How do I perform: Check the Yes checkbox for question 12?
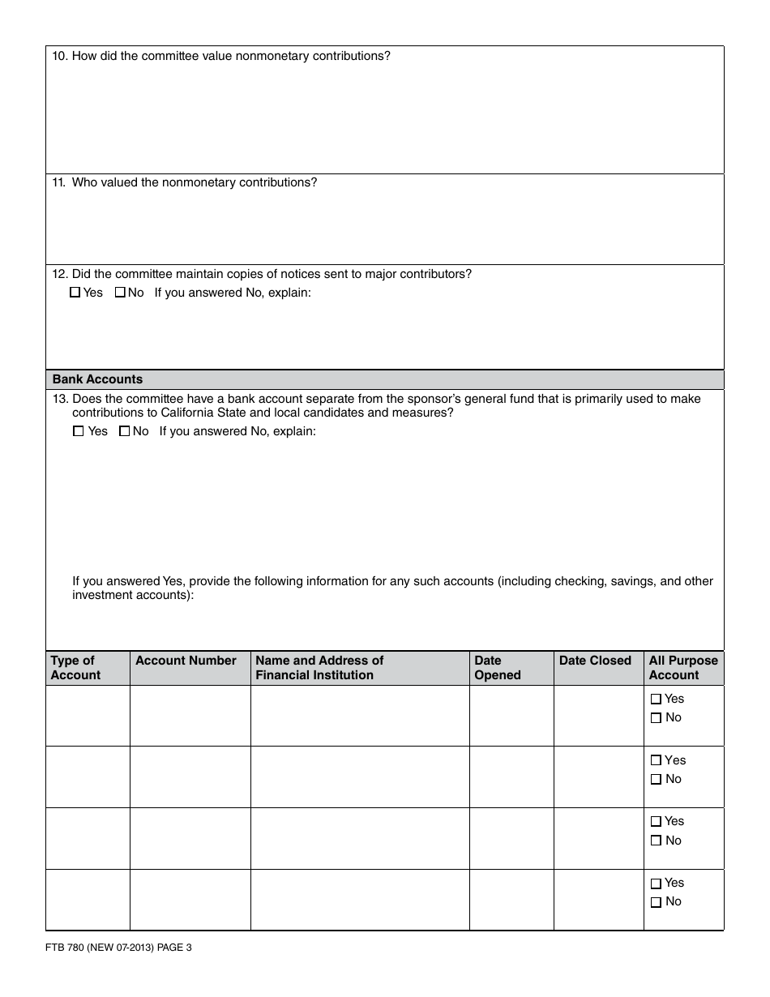coord(75,293)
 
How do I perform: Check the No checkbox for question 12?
coord(120,293)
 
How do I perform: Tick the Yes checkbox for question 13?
coord(79,432)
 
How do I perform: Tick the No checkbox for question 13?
coord(124,432)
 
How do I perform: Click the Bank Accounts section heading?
coord(97,379)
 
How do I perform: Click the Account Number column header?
coord(186,661)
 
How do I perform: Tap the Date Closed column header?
coord(595,661)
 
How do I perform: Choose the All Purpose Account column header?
coord(683,668)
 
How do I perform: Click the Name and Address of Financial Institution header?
coord(319,668)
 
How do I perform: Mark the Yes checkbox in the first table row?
coord(657,700)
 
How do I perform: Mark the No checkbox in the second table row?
coord(657,780)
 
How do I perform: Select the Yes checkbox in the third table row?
coord(657,822)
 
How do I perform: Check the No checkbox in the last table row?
coord(657,902)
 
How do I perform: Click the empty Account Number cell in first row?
coord(190,716)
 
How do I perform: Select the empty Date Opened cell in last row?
coord(511,900)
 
